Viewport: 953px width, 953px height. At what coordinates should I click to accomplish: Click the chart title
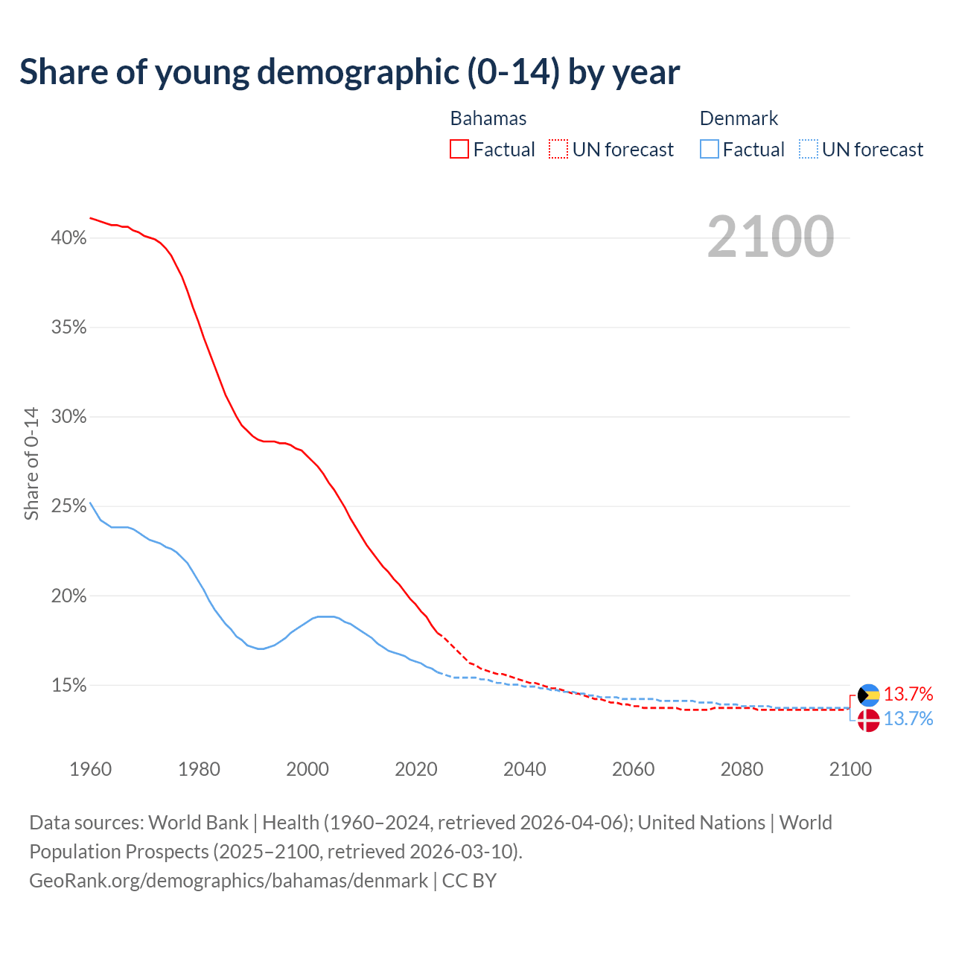[349, 72]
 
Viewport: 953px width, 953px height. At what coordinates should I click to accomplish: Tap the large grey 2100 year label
[771, 238]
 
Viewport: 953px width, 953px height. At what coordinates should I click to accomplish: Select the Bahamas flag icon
[868, 695]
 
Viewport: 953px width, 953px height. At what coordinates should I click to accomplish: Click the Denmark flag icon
[868, 720]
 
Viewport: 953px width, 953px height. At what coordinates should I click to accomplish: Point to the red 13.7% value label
[908, 694]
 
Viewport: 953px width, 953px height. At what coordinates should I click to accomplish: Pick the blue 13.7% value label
[908, 718]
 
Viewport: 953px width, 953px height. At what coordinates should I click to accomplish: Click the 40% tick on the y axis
[68, 238]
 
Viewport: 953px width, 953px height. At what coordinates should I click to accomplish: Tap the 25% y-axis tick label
[68, 506]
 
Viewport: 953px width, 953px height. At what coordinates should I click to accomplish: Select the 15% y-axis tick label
[68, 685]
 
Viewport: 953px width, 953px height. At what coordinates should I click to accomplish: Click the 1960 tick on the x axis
[90, 769]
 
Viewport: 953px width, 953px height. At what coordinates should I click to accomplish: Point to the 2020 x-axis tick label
[415, 769]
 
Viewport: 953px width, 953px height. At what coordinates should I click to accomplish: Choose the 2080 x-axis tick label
[742, 769]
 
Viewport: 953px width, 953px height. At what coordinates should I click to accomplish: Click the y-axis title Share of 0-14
[31, 463]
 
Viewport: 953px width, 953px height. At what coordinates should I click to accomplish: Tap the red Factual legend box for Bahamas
[459, 150]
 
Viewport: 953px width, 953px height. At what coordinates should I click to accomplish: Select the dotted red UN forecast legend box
[558, 150]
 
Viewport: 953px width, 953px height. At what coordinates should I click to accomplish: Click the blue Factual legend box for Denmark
[710, 150]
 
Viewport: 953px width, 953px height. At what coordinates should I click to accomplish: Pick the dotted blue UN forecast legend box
[809, 150]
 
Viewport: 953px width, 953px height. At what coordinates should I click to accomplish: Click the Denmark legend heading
[739, 118]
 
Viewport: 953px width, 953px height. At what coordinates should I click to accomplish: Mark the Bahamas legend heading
[488, 118]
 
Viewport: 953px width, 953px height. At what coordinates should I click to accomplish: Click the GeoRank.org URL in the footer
[229, 881]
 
